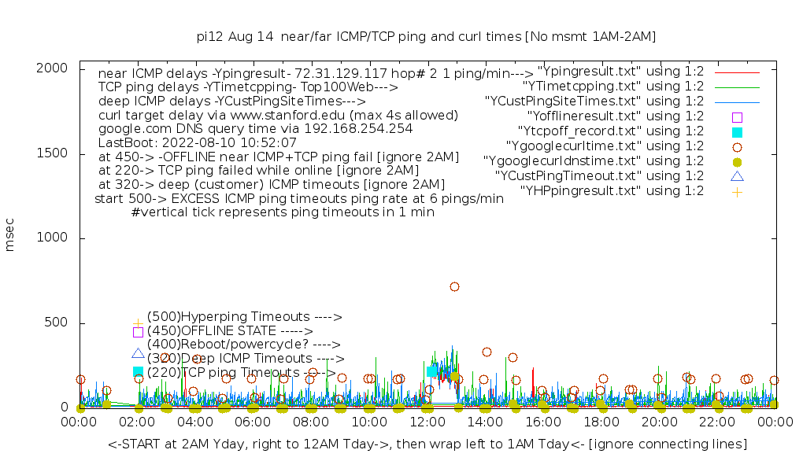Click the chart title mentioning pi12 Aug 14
point(426,36)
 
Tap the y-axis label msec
point(10,238)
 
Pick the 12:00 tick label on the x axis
point(427,423)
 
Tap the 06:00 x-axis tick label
point(253,423)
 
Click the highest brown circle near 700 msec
point(454,287)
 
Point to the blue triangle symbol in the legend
point(737,176)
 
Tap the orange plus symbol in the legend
point(737,191)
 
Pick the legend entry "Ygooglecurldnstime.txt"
point(594,161)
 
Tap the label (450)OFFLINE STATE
point(229,331)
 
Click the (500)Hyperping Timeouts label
point(244,317)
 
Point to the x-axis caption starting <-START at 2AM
point(427,444)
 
